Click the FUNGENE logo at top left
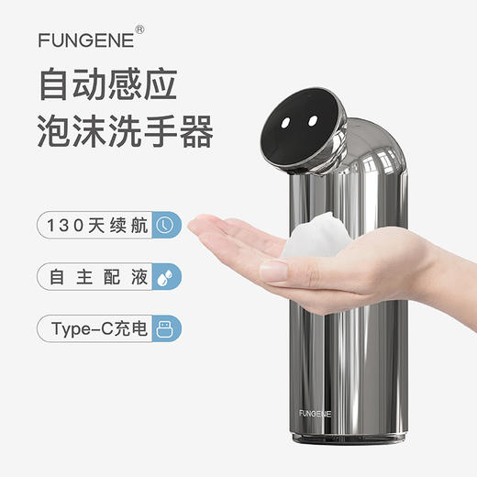[85, 39]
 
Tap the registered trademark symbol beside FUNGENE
[139, 29]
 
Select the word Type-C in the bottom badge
[78, 328]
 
